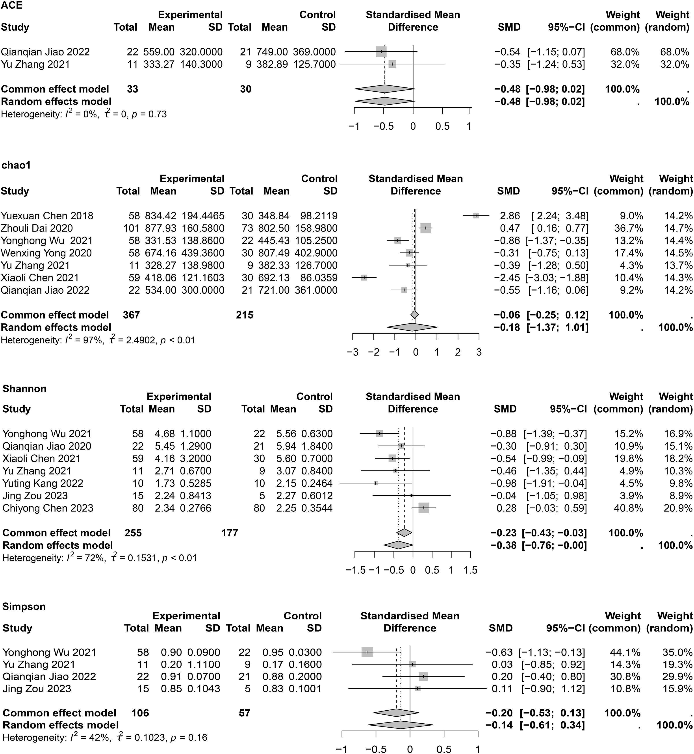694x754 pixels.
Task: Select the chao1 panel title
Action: tap(16, 165)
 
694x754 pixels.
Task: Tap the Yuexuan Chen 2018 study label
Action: tap(47, 216)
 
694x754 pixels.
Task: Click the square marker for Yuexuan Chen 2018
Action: tap(476, 215)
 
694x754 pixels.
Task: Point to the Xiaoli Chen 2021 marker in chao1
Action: tap(364, 278)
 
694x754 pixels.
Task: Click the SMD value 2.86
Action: tap(510, 216)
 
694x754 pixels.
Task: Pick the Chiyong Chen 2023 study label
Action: tap(48, 508)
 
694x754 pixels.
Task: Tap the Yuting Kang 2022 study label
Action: tap(43, 484)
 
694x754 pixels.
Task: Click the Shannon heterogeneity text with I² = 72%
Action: tap(100, 558)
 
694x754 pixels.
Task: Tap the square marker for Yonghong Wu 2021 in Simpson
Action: tap(367, 652)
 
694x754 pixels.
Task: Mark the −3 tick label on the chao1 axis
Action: tap(353, 353)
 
